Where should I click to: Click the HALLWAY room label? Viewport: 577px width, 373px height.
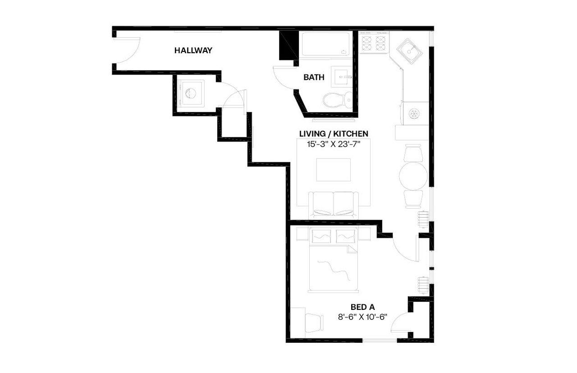(193, 50)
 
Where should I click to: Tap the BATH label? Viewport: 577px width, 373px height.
(314, 77)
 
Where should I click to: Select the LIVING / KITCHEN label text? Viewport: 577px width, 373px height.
(334, 133)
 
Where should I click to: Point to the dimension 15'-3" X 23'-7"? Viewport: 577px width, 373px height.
(334, 145)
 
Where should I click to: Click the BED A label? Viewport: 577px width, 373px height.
(362, 307)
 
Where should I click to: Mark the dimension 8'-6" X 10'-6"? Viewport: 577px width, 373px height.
(362, 317)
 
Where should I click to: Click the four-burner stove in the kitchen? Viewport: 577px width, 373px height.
(374, 42)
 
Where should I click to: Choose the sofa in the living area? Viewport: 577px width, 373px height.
(333, 205)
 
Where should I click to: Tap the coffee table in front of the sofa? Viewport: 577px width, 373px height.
(332, 169)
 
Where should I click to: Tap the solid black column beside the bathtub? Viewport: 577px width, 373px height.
(287, 45)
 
